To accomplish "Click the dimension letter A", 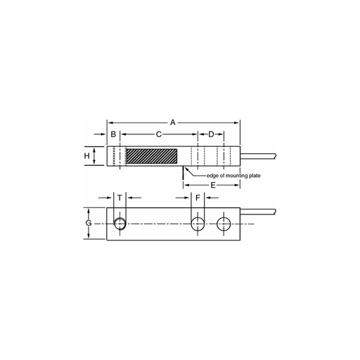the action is point(173,122).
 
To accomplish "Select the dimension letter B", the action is point(113,134).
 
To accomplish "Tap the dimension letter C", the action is point(159,134).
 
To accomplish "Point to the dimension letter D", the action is point(211,134).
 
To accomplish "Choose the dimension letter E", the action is point(213,185).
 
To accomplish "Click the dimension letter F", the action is point(198,198).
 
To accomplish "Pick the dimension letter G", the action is point(89,223).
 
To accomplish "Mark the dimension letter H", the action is point(87,156).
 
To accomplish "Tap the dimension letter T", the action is point(120,198).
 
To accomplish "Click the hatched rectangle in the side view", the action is point(152,156).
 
